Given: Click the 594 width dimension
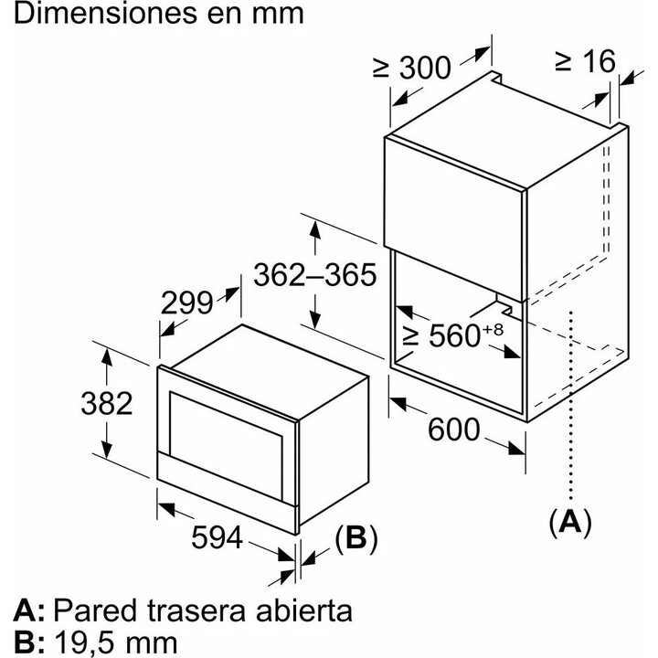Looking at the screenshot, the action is click(x=217, y=537).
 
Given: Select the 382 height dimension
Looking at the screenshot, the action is click(x=107, y=403).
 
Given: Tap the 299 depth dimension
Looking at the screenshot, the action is click(x=186, y=303).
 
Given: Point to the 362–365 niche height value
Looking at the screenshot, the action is click(x=315, y=275).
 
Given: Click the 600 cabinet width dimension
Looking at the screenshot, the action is click(x=453, y=429).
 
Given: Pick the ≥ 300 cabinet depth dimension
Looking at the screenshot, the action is click(x=411, y=68).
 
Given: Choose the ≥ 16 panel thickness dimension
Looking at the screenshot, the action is click(x=586, y=61).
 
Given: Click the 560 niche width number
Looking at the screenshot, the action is click(x=454, y=335).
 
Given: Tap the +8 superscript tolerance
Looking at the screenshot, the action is click(x=493, y=329).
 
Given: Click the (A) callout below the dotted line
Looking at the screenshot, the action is click(x=570, y=523).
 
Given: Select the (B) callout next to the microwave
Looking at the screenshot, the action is click(x=356, y=538).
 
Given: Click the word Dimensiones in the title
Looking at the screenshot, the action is click(x=105, y=14).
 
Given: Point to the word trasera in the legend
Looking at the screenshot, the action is click(x=196, y=610).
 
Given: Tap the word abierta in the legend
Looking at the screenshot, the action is click(x=304, y=610).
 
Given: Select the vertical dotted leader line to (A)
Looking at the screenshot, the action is click(x=570, y=405).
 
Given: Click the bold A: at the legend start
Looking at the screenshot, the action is click(x=28, y=611).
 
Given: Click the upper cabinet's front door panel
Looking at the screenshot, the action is click(x=455, y=218).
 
